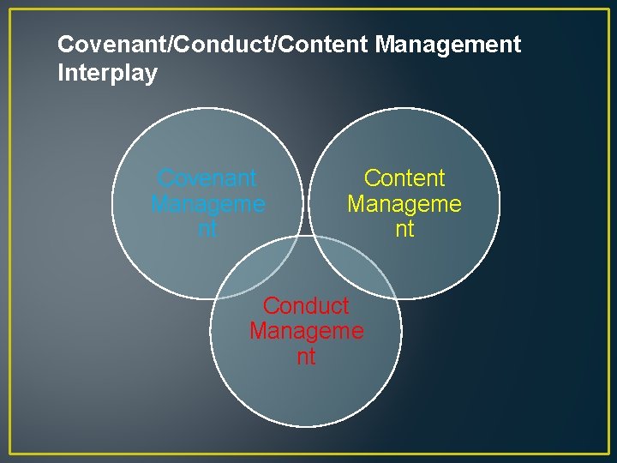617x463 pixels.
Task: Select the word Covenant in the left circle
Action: (207, 178)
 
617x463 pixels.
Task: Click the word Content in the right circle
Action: (404, 178)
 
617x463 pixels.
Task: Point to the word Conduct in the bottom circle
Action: (306, 306)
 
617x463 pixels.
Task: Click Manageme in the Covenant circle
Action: (207, 204)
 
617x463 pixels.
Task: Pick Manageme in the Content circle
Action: (404, 204)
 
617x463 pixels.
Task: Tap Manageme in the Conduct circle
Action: (306, 331)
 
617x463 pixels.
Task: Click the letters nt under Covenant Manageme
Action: (207, 229)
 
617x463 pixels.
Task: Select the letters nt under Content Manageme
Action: (404, 229)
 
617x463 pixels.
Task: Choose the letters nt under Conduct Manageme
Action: (306, 356)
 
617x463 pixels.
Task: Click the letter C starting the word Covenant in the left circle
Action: (165, 178)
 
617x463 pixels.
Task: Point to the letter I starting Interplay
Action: (61, 74)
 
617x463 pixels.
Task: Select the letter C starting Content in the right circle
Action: (372, 178)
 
